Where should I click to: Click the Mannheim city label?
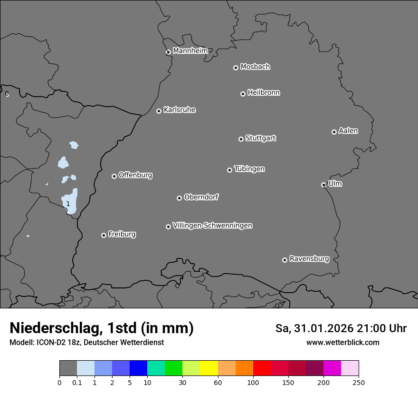[190, 50]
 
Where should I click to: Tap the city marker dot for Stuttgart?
[241, 139]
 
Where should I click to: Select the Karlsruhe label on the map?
[180, 110]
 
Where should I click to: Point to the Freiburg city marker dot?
[104, 235]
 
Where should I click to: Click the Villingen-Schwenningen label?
[212, 226]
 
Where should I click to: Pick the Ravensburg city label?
[309, 259]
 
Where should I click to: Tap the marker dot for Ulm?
[323, 185]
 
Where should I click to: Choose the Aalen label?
[348, 131]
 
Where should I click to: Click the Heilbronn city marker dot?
[243, 94]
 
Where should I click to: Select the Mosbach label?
[255, 67]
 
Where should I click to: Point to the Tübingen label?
[249, 169]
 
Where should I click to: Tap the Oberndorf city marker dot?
[179, 198]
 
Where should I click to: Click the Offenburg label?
[135, 175]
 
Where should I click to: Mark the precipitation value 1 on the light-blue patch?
[68, 204]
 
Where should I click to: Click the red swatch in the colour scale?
[262, 368]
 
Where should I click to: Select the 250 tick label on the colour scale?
[359, 382]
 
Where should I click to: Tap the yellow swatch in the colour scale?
[209, 368]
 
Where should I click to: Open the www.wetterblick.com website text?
[342, 342]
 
